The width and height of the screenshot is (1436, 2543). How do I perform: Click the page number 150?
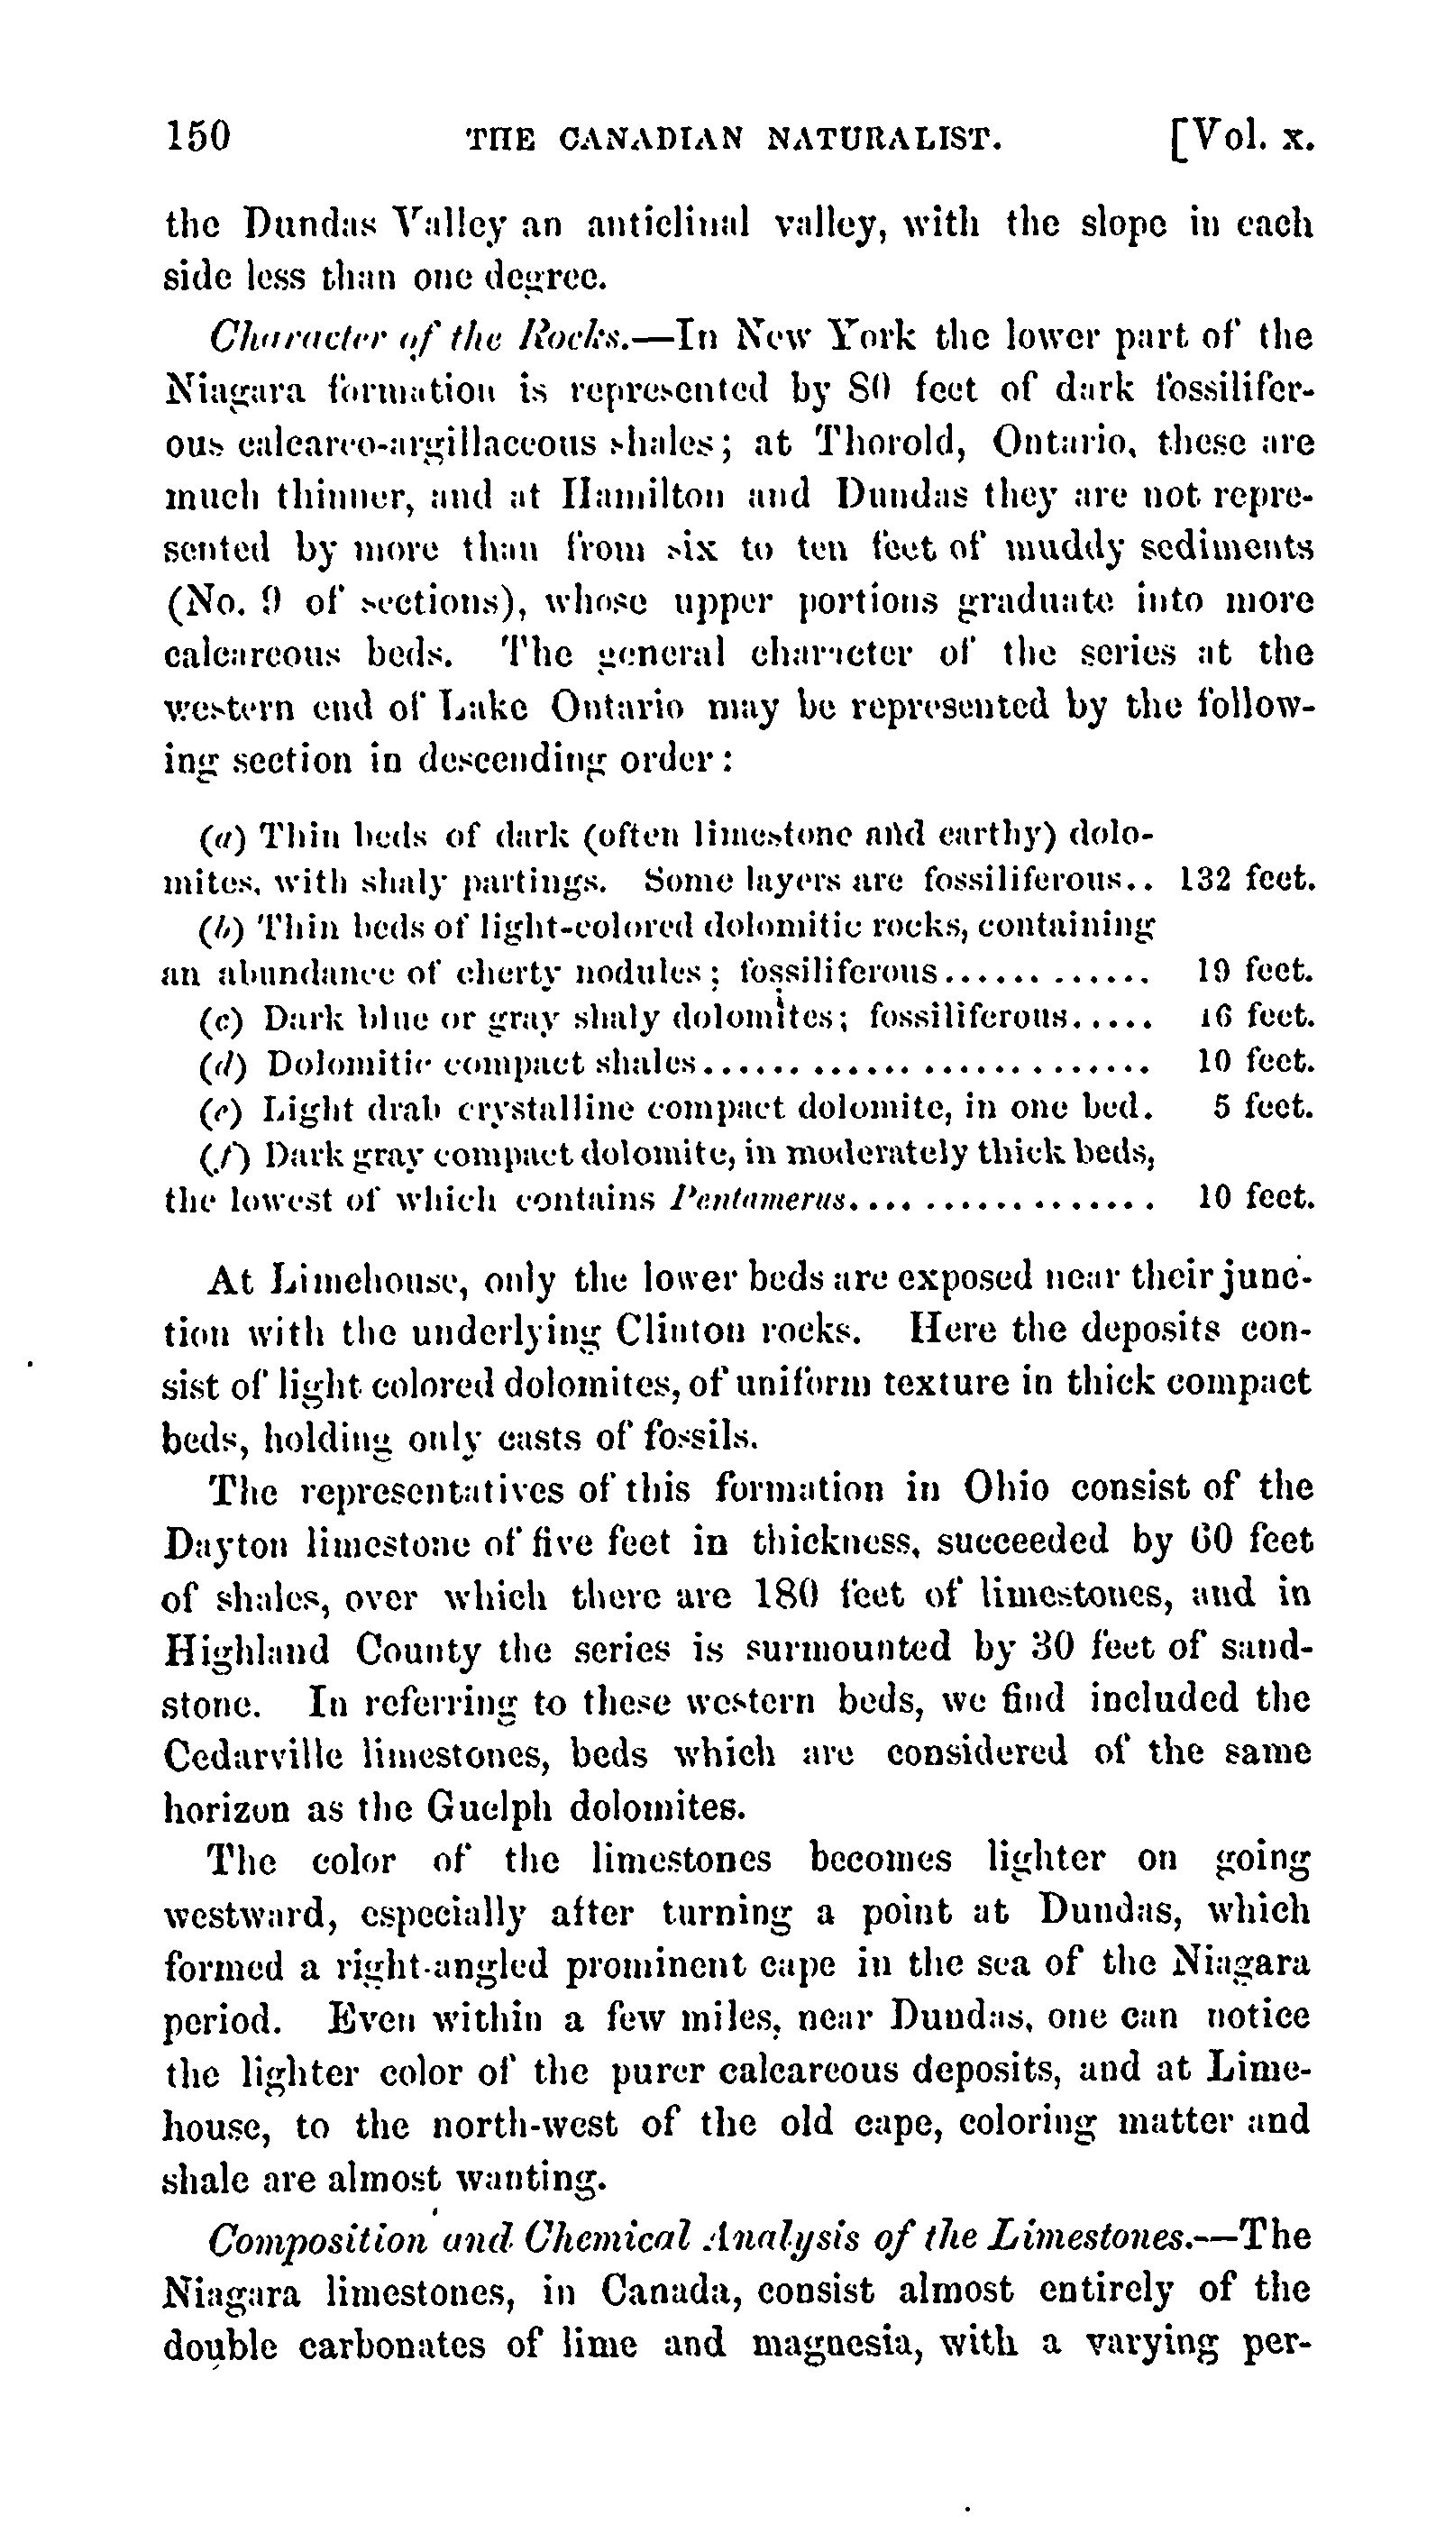tap(198, 137)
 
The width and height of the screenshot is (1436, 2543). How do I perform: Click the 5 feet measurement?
tap(1263, 1107)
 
